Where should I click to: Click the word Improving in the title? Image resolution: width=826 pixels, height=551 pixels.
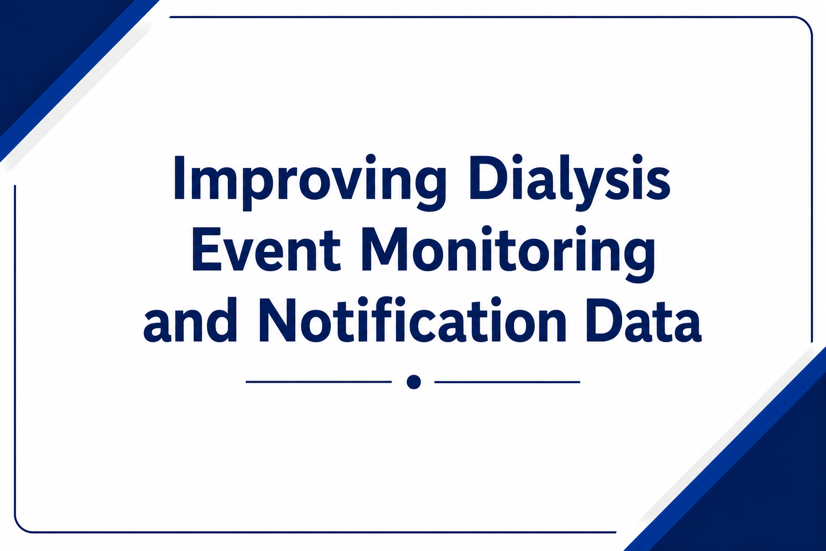309,183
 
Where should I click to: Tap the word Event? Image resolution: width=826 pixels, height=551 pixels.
266,250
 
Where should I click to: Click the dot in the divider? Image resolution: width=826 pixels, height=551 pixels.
414,382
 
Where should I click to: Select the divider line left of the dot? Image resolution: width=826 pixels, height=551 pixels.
318,382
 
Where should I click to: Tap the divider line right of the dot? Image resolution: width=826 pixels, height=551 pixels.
508,382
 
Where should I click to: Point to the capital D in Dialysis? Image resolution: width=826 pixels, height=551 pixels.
487,179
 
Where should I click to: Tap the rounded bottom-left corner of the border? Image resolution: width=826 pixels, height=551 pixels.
22,525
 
